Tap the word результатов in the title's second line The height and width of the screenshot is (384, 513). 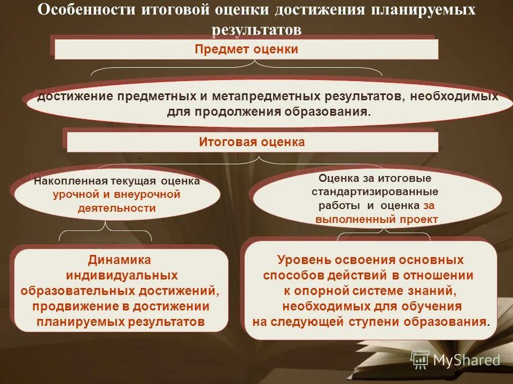pyautogui.click(x=257, y=29)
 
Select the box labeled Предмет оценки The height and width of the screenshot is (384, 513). pyautogui.click(x=246, y=50)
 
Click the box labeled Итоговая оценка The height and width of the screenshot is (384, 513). pyautogui.click(x=252, y=142)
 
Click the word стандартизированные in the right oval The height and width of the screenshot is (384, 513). pyautogui.click(x=375, y=191)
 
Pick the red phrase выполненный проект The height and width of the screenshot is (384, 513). pyautogui.click(x=377, y=219)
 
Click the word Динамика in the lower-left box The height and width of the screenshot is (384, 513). pyautogui.click(x=120, y=260)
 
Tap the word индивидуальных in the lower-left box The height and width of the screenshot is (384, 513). pyautogui.click(x=122, y=276)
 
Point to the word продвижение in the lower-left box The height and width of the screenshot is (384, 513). pyautogui.click(x=69, y=307)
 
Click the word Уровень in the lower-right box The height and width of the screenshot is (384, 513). pyautogui.click(x=304, y=260)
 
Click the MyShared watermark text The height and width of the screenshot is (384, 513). pyautogui.click(x=467, y=360)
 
